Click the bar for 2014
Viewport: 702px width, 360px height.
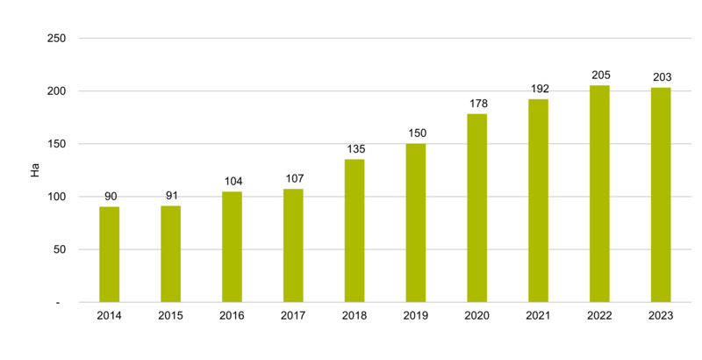point(109,255)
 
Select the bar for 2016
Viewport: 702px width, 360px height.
point(232,247)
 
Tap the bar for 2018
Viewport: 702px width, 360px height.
point(355,231)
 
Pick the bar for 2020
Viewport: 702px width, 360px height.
point(476,208)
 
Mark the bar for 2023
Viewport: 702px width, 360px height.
point(661,195)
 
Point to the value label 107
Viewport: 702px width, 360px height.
point(293,178)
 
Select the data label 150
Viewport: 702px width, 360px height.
point(416,133)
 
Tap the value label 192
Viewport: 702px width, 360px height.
point(538,89)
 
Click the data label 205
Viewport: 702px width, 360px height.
point(599,75)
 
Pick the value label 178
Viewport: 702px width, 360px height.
point(476,104)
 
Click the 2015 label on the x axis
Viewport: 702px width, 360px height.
point(170,317)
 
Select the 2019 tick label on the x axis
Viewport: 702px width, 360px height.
point(416,317)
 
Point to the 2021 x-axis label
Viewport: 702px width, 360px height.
point(538,317)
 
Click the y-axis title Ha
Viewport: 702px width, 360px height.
point(35,170)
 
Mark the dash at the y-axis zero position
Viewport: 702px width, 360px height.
point(58,302)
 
